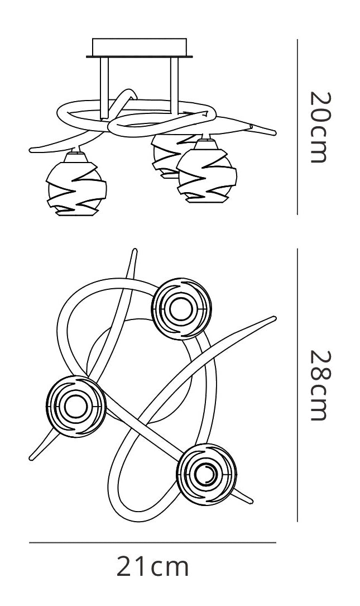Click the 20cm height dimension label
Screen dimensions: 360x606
(x=320, y=127)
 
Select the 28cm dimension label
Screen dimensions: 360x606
(x=320, y=385)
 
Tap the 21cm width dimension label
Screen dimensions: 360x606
(x=152, y=566)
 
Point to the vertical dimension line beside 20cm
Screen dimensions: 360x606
(x=297, y=127)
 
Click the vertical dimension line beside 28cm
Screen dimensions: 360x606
(x=297, y=385)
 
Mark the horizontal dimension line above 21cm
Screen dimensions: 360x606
(x=152, y=543)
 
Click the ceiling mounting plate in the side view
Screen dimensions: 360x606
(x=140, y=48)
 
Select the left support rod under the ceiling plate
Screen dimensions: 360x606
(x=104, y=88)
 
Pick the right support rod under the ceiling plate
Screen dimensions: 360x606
(x=175, y=85)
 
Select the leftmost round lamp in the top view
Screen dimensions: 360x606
(x=76, y=406)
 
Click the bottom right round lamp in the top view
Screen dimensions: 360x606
(x=207, y=474)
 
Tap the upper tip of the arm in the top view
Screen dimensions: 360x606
(x=135, y=251)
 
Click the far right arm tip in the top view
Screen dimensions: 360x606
(x=274, y=318)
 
